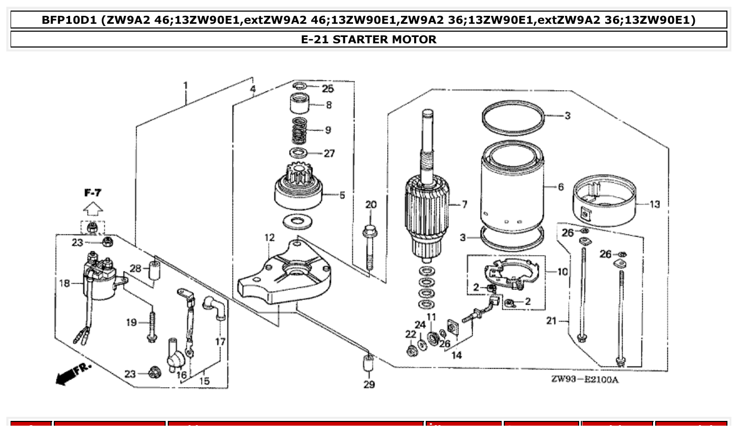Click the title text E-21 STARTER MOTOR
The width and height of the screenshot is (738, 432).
[368, 40]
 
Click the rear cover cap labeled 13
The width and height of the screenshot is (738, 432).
[604, 203]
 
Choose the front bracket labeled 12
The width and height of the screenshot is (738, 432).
[285, 275]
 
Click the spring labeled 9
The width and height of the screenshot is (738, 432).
[299, 131]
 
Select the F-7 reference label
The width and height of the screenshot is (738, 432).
[93, 194]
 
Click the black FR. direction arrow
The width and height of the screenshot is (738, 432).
[66, 377]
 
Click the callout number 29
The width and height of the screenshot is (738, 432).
[369, 384]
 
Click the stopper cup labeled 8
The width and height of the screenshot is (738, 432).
[300, 103]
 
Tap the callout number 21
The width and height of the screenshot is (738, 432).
[551, 321]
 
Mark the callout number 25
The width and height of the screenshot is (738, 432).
[328, 88]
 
